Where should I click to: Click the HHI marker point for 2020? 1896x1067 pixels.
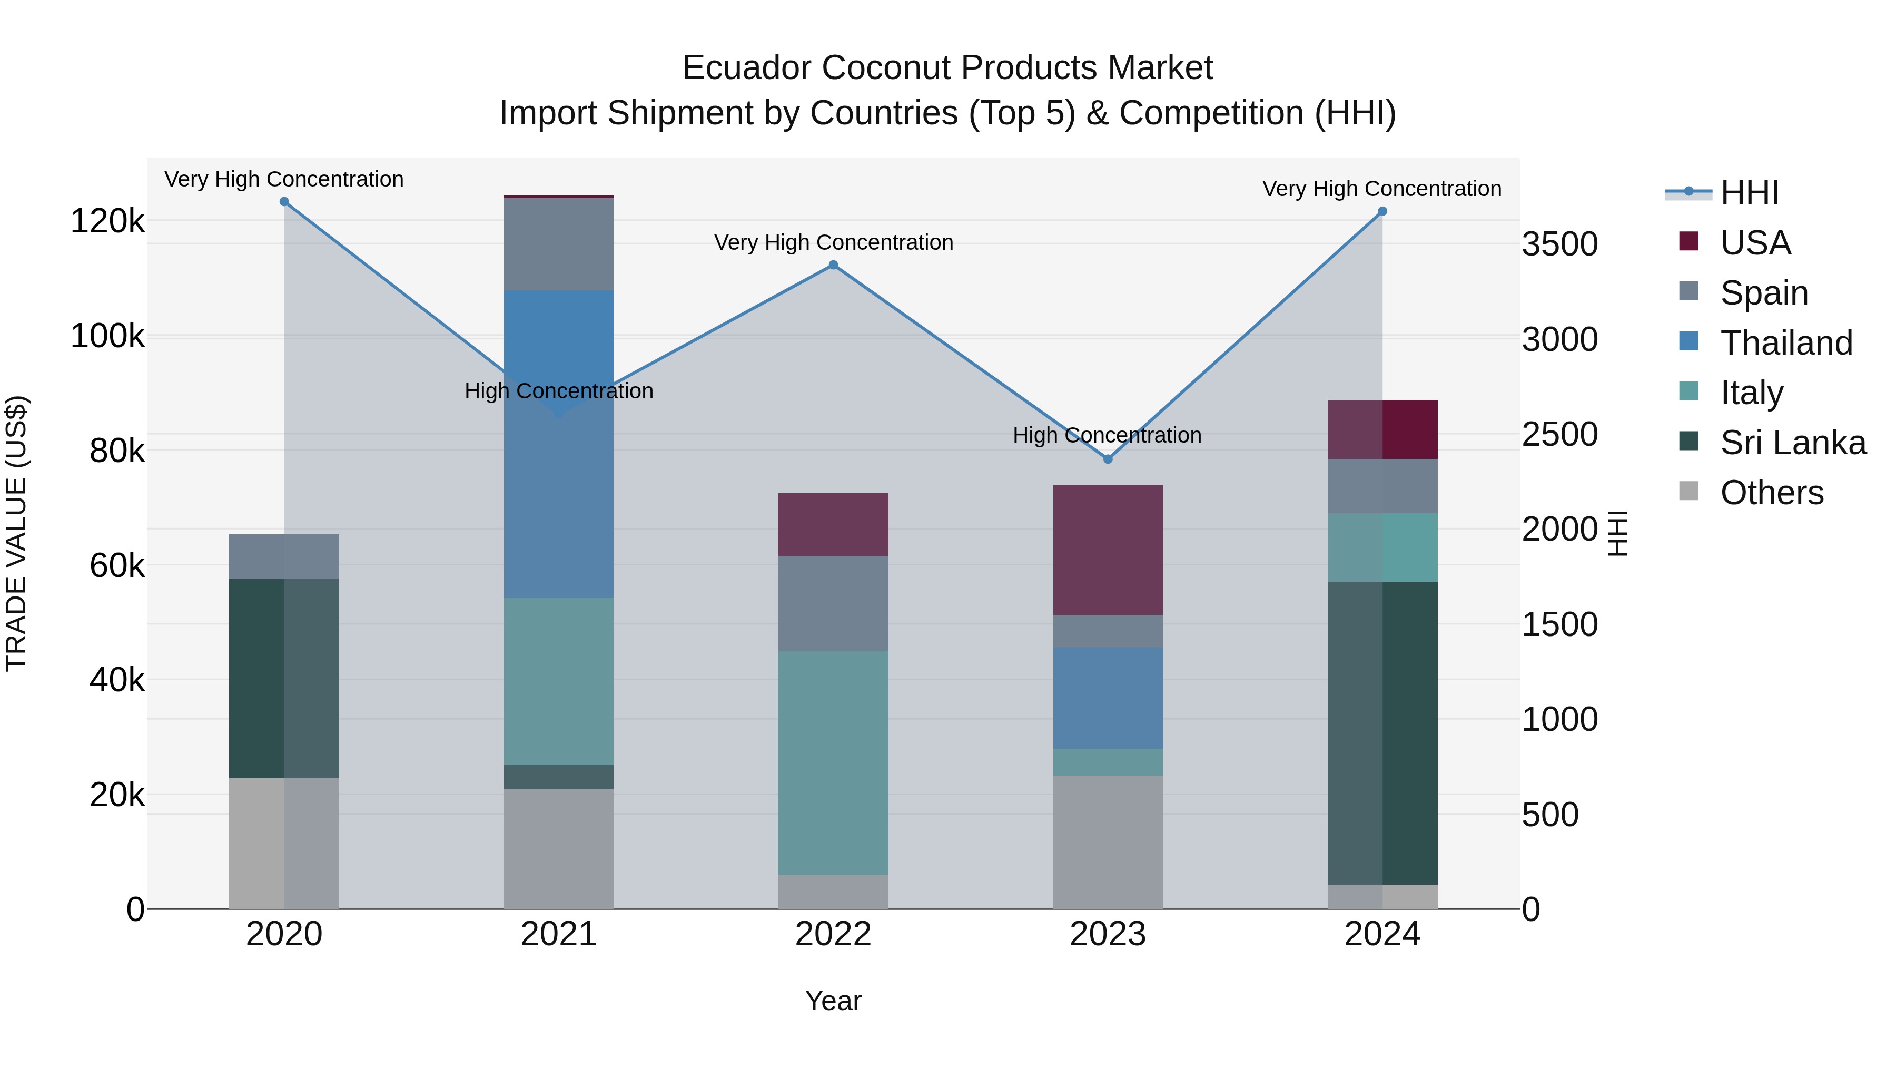(x=284, y=202)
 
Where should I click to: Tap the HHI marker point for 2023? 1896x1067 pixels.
(x=1108, y=459)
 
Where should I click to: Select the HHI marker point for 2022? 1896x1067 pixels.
(x=833, y=265)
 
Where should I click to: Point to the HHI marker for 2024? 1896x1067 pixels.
(x=1382, y=211)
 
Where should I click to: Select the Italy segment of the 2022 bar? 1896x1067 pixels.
(x=833, y=762)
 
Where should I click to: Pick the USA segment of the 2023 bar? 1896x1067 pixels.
(x=1108, y=550)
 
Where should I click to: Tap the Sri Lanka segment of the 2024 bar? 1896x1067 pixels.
(x=1382, y=733)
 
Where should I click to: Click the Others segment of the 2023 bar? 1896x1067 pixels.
(x=1108, y=841)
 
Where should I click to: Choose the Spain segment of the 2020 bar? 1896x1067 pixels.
(x=284, y=557)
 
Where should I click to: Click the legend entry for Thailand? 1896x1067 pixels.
(x=1785, y=343)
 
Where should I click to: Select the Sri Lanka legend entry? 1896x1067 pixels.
(x=1792, y=443)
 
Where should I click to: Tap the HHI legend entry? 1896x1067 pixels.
(x=1749, y=193)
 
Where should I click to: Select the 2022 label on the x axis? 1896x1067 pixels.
(x=833, y=934)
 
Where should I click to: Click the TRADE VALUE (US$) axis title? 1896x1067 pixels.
(x=16, y=533)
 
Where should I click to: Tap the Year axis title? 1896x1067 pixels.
(x=833, y=1001)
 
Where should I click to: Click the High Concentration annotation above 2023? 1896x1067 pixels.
(x=1107, y=435)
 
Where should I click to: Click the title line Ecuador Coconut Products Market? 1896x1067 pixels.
(x=947, y=68)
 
